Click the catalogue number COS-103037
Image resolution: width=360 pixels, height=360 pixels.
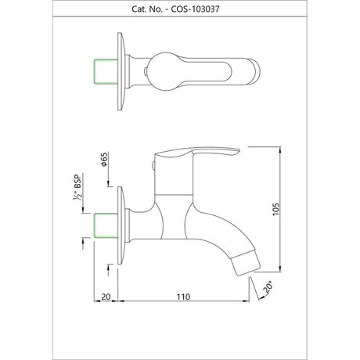coord(195,9)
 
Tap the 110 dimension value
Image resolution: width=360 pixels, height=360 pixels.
coord(183,297)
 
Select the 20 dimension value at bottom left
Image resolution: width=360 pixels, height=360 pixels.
coord(106,297)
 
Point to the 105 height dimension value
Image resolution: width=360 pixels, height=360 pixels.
coord(275,209)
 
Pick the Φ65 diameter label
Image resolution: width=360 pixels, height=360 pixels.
coord(104,160)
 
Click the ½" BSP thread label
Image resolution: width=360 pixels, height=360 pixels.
coord(77,187)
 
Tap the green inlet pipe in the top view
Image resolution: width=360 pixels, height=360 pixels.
coord(106,71)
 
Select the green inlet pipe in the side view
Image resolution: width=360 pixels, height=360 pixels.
coord(106,225)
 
